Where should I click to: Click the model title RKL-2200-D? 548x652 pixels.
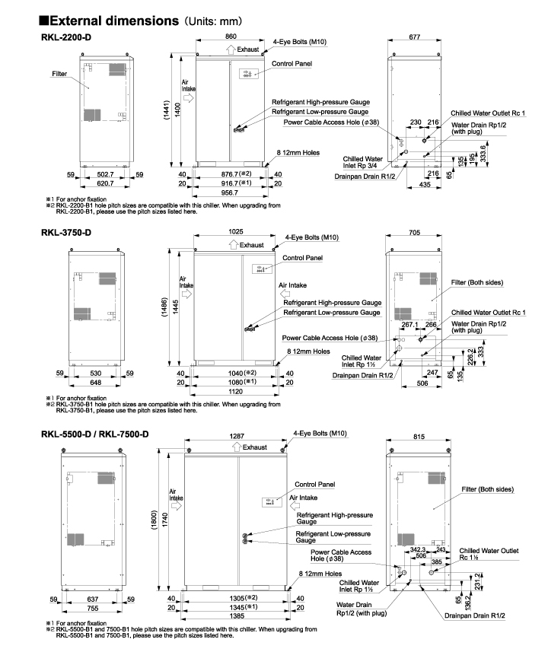pos(68,37)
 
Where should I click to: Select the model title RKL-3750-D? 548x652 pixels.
pos(68,234)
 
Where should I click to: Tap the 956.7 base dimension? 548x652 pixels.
pos(231,194)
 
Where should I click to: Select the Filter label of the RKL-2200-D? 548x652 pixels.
pos(59,74)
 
